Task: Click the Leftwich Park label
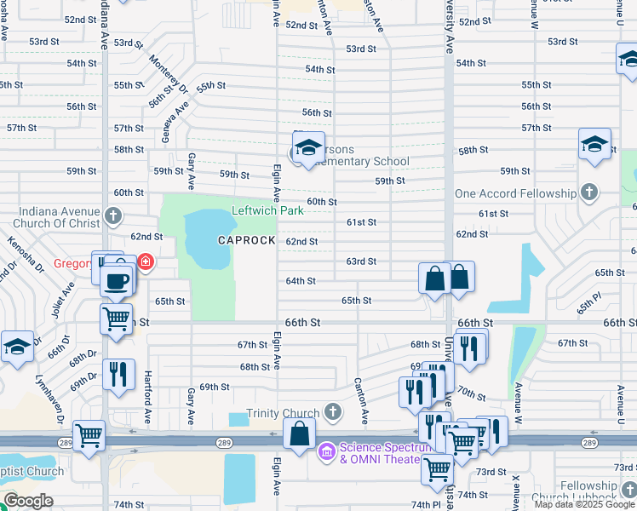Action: point(267,210)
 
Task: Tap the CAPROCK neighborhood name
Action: point(246,241)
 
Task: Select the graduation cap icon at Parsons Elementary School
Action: point(308,146)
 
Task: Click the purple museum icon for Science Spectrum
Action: point(326,451)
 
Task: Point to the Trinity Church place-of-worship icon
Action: point(333,413)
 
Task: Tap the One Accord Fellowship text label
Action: point(515,194)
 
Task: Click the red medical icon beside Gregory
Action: point(146,261)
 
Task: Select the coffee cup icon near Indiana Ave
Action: point(117,280)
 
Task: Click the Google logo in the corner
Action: point(28,501)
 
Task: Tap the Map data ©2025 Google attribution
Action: point(584,504)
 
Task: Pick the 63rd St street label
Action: point(361,261)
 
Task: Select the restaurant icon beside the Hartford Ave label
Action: point(118,374)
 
